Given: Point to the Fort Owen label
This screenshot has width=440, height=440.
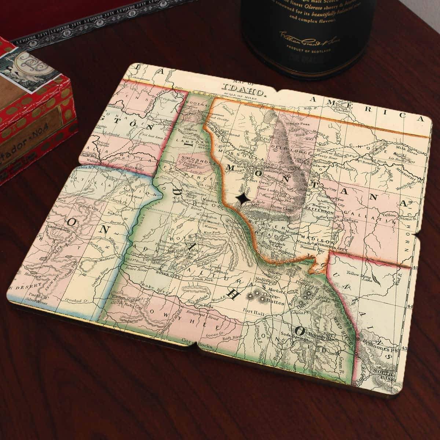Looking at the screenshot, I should (254, 180).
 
